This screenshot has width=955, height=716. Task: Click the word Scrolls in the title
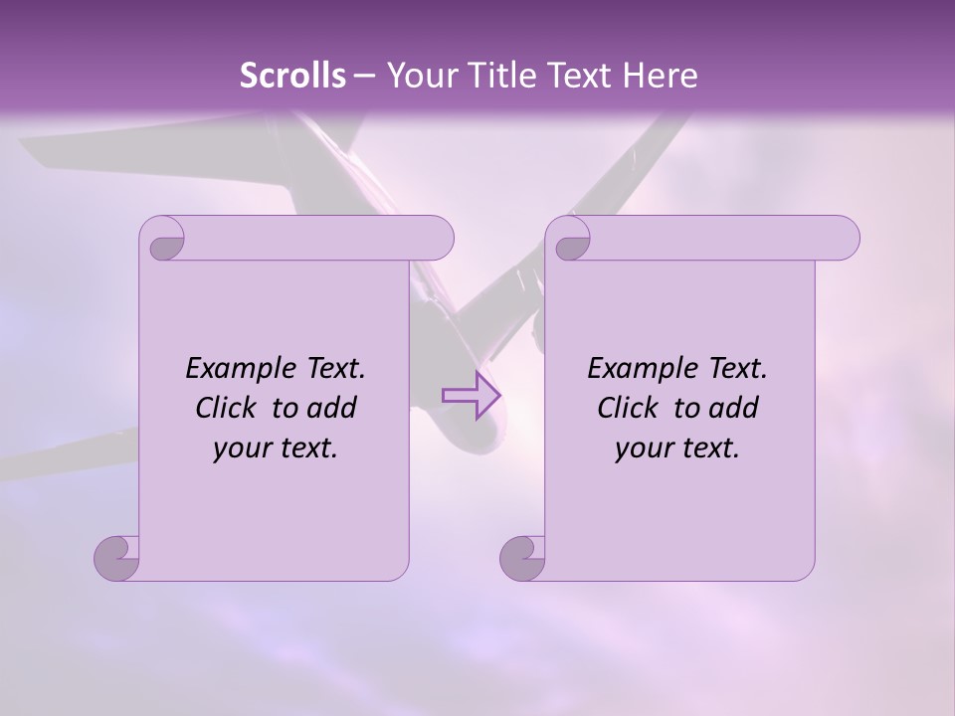point(292,76)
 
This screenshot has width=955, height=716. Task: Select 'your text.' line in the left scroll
point(276,447)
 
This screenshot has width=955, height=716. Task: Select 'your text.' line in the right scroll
point(677,447)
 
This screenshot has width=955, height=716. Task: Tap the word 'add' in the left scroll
point(332,408)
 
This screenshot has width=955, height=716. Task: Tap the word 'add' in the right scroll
point(734,408)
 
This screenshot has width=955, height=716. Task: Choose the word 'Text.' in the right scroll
point(737,369)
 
